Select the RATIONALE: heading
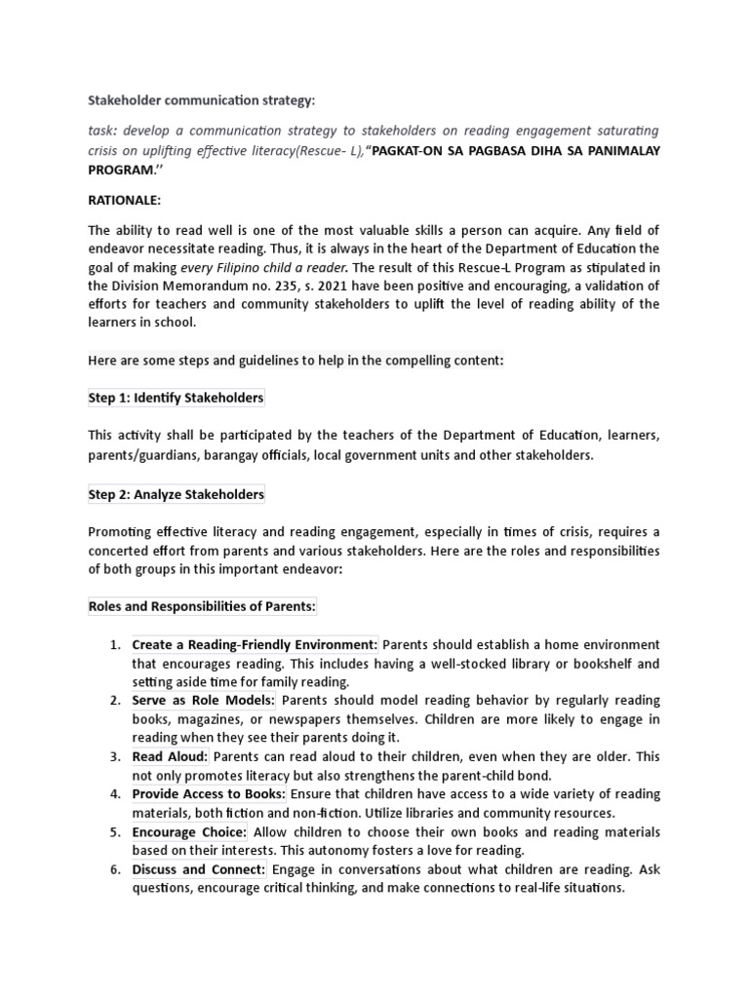127,200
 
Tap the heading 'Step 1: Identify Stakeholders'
176,399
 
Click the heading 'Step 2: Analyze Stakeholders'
176,494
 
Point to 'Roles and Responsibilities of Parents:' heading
203,607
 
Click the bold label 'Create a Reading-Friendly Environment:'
255,645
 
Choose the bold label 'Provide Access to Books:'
209,794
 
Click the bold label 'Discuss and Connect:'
199,869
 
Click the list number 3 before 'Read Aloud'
114,756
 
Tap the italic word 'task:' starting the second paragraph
105,132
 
